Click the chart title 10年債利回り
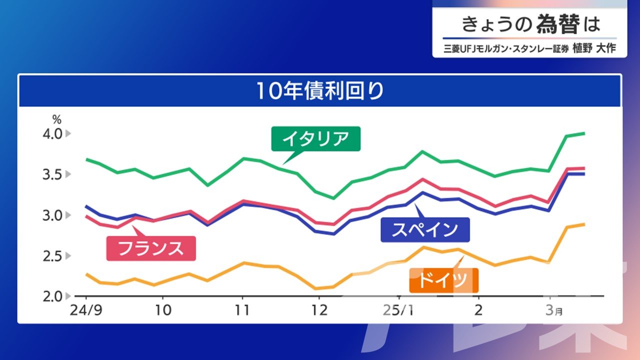click(320, 91)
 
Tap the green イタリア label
click(315, 138)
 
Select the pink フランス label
click(151, 248)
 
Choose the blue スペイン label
click(425, 229)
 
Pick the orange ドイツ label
click(443, 280)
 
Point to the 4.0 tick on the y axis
click(52, 133)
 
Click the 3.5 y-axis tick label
click(52, 174)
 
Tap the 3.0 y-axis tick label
click(52, 215)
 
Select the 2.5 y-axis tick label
click(52, 256)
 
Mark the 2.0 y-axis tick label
click(52, 297)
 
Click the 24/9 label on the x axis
click(86, 310)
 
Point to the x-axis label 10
click(163, 310)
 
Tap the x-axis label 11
click(242, 310)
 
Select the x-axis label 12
click(319, 310)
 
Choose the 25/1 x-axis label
click(398, 310)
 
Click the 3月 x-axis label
click(554, 310)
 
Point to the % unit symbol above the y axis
click(57, 119)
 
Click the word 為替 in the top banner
click(558, 24)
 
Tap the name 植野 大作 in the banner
click(594, 48)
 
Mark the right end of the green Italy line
click(584, 133)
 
